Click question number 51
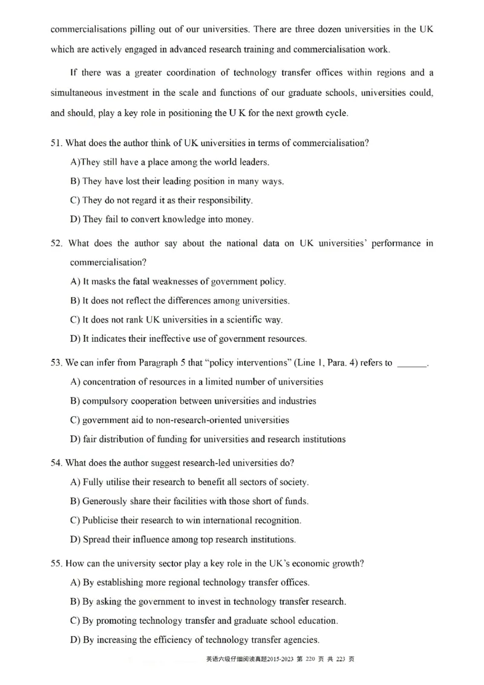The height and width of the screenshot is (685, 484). (x=56, y=143)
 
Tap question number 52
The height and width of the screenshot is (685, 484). (x=57, y=243)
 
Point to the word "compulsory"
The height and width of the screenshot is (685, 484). (x=106, y=401)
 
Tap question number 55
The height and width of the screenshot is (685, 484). (x=56, y=563)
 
